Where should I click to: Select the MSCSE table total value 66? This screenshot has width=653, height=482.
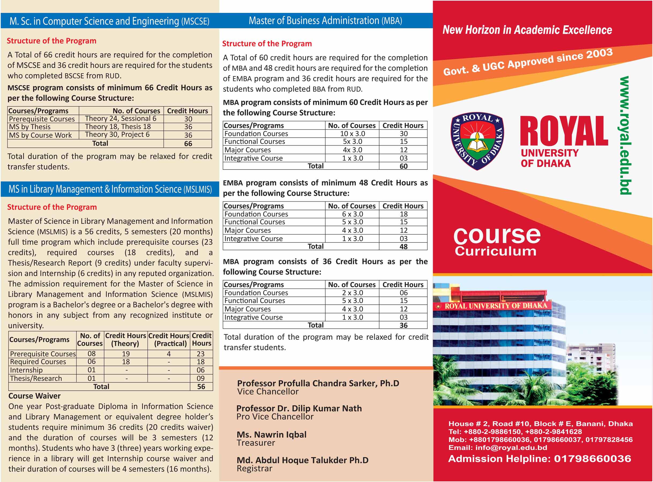[x=188, y=144]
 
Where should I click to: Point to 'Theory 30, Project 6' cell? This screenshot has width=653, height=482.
[x=117, y=134]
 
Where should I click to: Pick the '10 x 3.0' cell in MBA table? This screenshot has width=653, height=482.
[x=352, y=134]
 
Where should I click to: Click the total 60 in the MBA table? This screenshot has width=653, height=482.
[x=404, y=166]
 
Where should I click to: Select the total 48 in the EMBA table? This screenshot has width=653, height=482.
[x=404, y=247]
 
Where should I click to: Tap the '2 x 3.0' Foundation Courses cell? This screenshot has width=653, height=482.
[x=352, y=293]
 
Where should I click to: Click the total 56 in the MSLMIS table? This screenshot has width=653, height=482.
[x=201, y=387]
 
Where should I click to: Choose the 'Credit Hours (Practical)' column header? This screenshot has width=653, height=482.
[x=169, y=340]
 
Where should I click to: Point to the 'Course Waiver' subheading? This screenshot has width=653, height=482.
[x=35, y=396]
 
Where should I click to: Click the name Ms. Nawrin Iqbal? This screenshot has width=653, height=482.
[x=271, y=434]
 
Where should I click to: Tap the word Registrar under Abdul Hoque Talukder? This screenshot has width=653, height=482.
[x=255, y=469]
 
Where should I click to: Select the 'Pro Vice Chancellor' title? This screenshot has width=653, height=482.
[x=275, y=417]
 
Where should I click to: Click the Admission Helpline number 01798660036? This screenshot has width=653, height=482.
[x=592, y=459]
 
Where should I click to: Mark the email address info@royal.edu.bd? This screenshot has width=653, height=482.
[x=511, y=447]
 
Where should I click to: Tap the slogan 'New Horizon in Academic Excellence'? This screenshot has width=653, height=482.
[x=527, y=30]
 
